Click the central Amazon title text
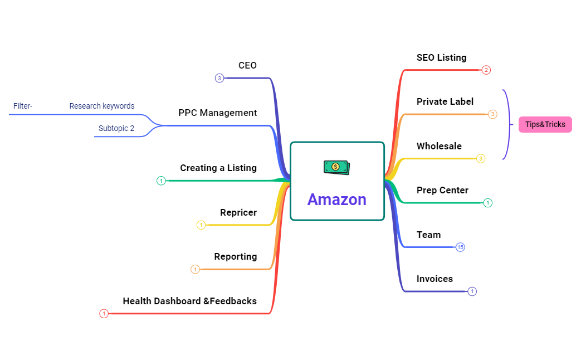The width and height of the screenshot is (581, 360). click(337, 200)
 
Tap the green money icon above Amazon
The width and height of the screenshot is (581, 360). click(337, 167)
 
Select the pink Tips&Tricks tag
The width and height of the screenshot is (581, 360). click(545, 125)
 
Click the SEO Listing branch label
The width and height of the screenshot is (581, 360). click(441, 58)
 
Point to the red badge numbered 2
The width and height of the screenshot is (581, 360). click(486, 70)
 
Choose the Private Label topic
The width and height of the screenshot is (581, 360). click(445, 101)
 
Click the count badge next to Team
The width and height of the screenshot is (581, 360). click(460, 247)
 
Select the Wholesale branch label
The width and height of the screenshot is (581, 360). click(439, 146)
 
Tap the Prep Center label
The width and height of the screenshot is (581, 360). click(442, 190)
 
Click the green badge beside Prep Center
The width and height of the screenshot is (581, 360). click(487, 203)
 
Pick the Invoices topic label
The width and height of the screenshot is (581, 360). click(434, 279)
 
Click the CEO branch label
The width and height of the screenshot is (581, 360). click(247, 66)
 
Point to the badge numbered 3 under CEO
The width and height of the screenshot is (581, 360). click(219, 78)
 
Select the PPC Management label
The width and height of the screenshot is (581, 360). click(217, 113)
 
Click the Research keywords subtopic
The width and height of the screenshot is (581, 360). click(102, 106)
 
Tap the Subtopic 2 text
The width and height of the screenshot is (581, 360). click(116, 128)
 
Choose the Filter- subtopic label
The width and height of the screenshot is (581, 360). click(23, 106)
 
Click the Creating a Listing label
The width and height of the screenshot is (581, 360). click(218, 168)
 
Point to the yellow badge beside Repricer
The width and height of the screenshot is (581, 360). click(201, 225)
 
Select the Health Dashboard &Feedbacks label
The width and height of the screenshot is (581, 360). click(190, 301)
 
